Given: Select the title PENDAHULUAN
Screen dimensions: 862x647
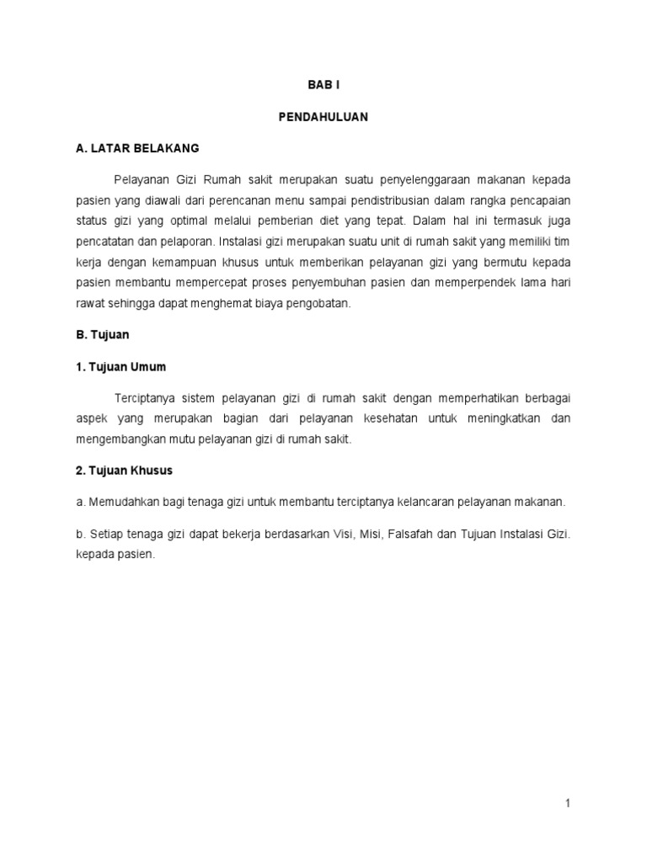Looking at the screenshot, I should (323, 118).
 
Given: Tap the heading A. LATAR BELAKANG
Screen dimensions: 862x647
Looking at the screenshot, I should (136, 148).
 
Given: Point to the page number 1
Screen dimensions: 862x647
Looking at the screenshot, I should (569, 804).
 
